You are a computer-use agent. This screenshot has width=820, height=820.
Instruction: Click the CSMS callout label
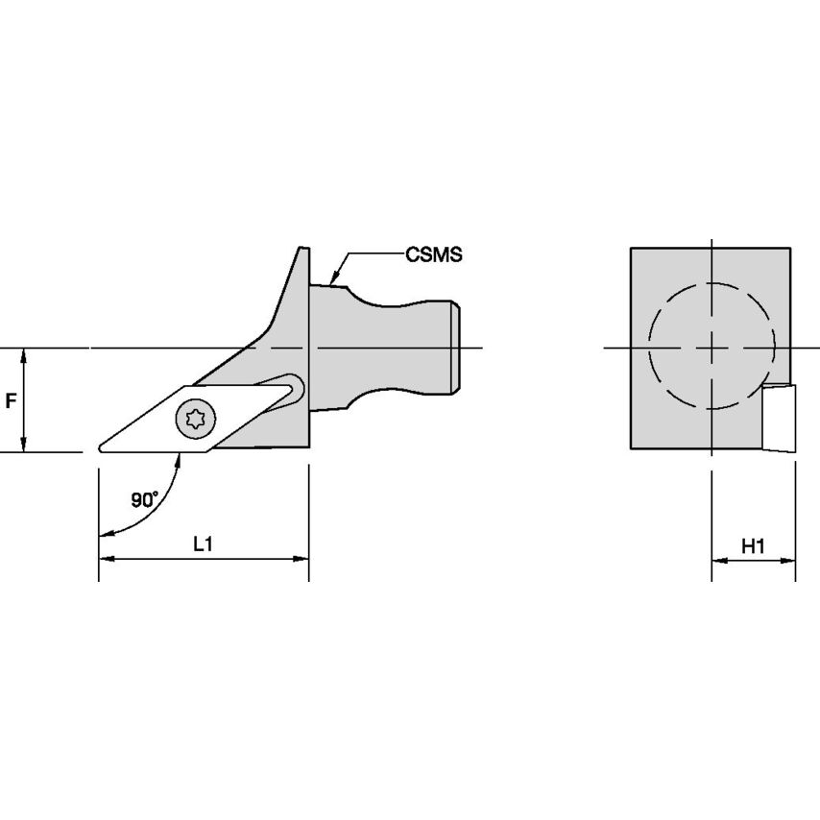click(x=434, y=254)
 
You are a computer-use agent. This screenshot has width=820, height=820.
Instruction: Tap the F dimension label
click(x=10, y=401)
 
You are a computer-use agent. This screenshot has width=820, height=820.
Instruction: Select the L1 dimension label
click(x=203, y=544)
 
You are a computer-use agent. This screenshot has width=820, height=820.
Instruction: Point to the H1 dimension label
click(x=753, y=546)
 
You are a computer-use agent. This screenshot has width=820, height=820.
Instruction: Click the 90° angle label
click(x=144, y=499)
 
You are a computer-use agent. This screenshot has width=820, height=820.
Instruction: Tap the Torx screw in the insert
click(x=196, y=419)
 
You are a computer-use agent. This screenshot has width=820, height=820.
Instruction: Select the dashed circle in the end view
click(x=711, y=283)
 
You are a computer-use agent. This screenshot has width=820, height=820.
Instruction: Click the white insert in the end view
click(x=778, y=418)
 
